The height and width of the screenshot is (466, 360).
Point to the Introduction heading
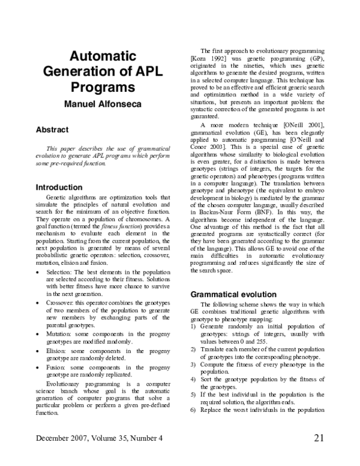(x=59, y=187)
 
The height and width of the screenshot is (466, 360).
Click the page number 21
(x=319, y=454)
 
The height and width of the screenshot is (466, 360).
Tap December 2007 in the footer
(x=64, y=454)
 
